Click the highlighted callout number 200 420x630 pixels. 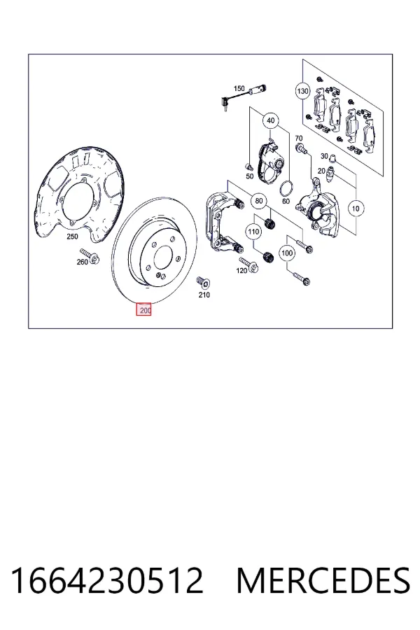coord(144,309)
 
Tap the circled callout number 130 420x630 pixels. coord(302,91)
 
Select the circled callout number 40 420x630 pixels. coord(270,120)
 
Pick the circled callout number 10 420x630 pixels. coord(356,209)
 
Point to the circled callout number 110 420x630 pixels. coord(253,232)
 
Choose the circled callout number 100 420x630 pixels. coord(286,253)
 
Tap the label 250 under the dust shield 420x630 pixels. coord(72,237)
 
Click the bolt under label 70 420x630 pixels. coord(301,149)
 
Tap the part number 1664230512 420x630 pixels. coord(106,580)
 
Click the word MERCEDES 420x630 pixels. coord(323,580)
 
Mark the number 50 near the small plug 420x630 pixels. coord(250,176)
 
